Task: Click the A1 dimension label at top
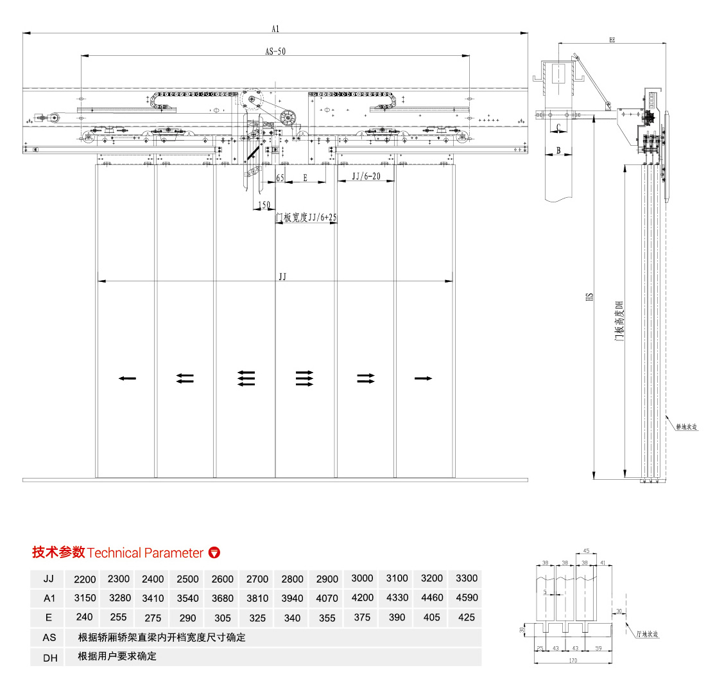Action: click(275, 28)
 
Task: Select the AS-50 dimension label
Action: click(275, 52)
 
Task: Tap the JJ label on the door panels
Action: click(282, 276)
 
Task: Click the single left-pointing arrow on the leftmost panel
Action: click(127, 379)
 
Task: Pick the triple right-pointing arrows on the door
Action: click(304, 379)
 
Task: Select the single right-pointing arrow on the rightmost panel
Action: click(423, 379)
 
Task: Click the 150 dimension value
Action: click(263, 205)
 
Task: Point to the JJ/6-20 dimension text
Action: click(365, 176)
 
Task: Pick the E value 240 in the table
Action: click(84, 617)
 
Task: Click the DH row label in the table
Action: click(50, 656)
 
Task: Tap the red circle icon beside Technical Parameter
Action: click(215, 552)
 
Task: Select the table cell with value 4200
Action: click(362, 597)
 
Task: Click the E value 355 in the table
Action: click(327, 618)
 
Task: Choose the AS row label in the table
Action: click(49, 637)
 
